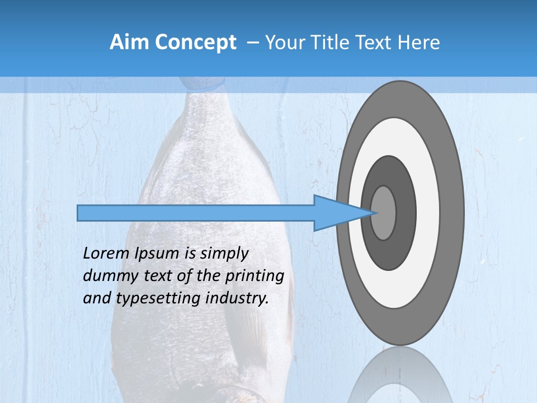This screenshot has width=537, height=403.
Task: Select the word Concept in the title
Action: point(194,43)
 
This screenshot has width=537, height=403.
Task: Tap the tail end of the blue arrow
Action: point(79,213)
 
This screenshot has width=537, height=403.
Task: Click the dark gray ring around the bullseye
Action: point(406,213)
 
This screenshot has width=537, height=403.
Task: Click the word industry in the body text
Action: point(237,298)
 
